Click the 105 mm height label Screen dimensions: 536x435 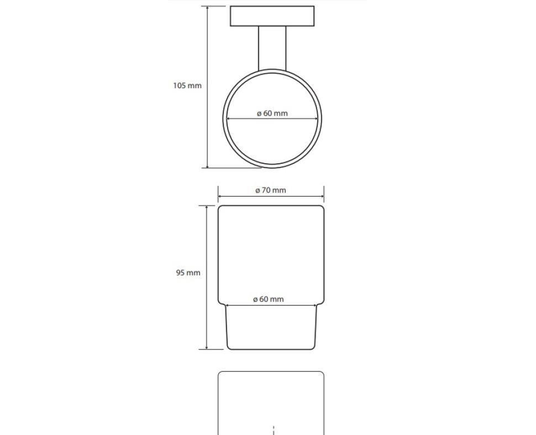pyautogui.click(x=187, y=86)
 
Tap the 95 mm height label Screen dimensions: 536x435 pyautogui.click(x=188, y=273)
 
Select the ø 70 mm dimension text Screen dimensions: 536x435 pyautogui.click(x=271, y=190)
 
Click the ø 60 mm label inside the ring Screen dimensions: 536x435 pyautogui.click(x=272, y=113)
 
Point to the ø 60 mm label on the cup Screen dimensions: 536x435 pyautogui.click(x=269, y=299)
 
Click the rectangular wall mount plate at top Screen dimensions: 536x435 pyautogui.click(x=272, y=16)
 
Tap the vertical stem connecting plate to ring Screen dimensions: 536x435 pyautogui.click(x=272, y=48)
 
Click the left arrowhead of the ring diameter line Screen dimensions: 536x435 pyautogui.click(x=229, y=119)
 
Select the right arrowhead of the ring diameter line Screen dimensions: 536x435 pyautogui.click(x=316, y=119)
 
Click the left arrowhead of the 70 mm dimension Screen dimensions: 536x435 pyautogui.click(x=220, y=196)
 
